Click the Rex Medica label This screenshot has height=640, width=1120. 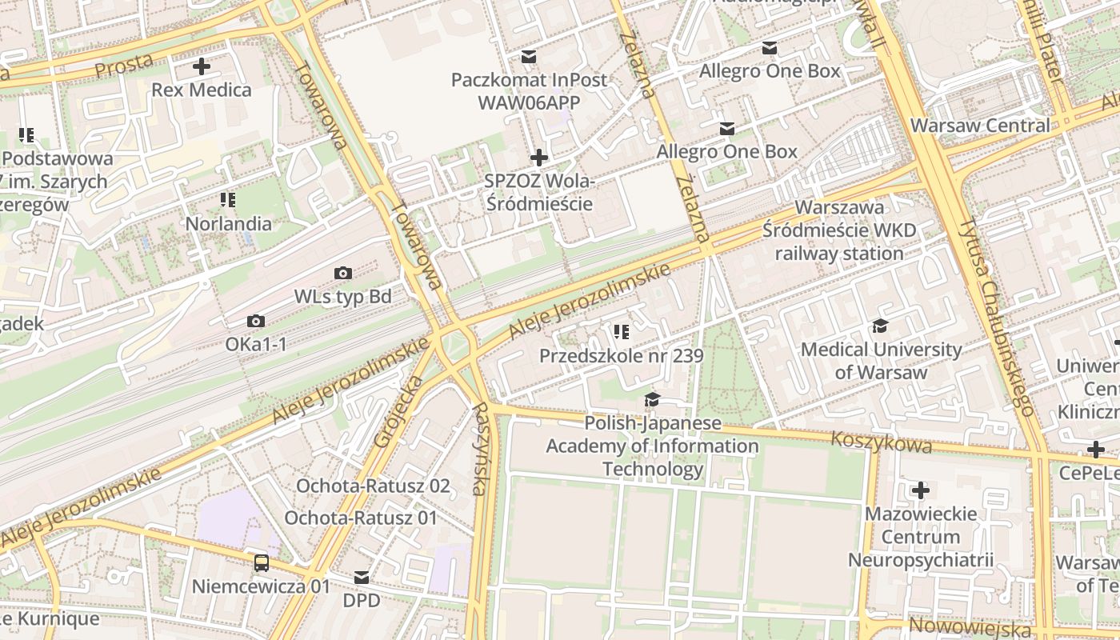(x=202, y=90)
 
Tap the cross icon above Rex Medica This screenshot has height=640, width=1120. (x=201, y=66)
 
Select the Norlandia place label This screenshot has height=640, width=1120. (x=229, y=224)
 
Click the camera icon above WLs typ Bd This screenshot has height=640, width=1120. (x=343, y=274)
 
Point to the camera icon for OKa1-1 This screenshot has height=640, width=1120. (x=256, y=322)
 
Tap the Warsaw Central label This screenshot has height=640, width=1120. (x=980, y=126)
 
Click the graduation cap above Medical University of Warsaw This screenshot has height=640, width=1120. (x=881, y=326)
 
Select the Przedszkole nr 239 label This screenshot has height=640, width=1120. (x=622, y=356)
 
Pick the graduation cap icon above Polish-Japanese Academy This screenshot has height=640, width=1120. (x=653, y=399)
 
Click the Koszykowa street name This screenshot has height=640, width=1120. (x=881, y=442)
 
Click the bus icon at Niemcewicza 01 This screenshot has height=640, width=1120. (x=262, y=563)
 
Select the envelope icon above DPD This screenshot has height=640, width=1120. (x=362, y=577)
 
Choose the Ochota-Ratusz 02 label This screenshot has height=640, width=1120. (x=373, y=486)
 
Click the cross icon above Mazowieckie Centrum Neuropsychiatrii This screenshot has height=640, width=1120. (x=921, y=490)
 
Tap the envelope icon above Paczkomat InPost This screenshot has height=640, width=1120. (x=529, y=57)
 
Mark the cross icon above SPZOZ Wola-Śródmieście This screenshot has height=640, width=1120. (x=539, y=158)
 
